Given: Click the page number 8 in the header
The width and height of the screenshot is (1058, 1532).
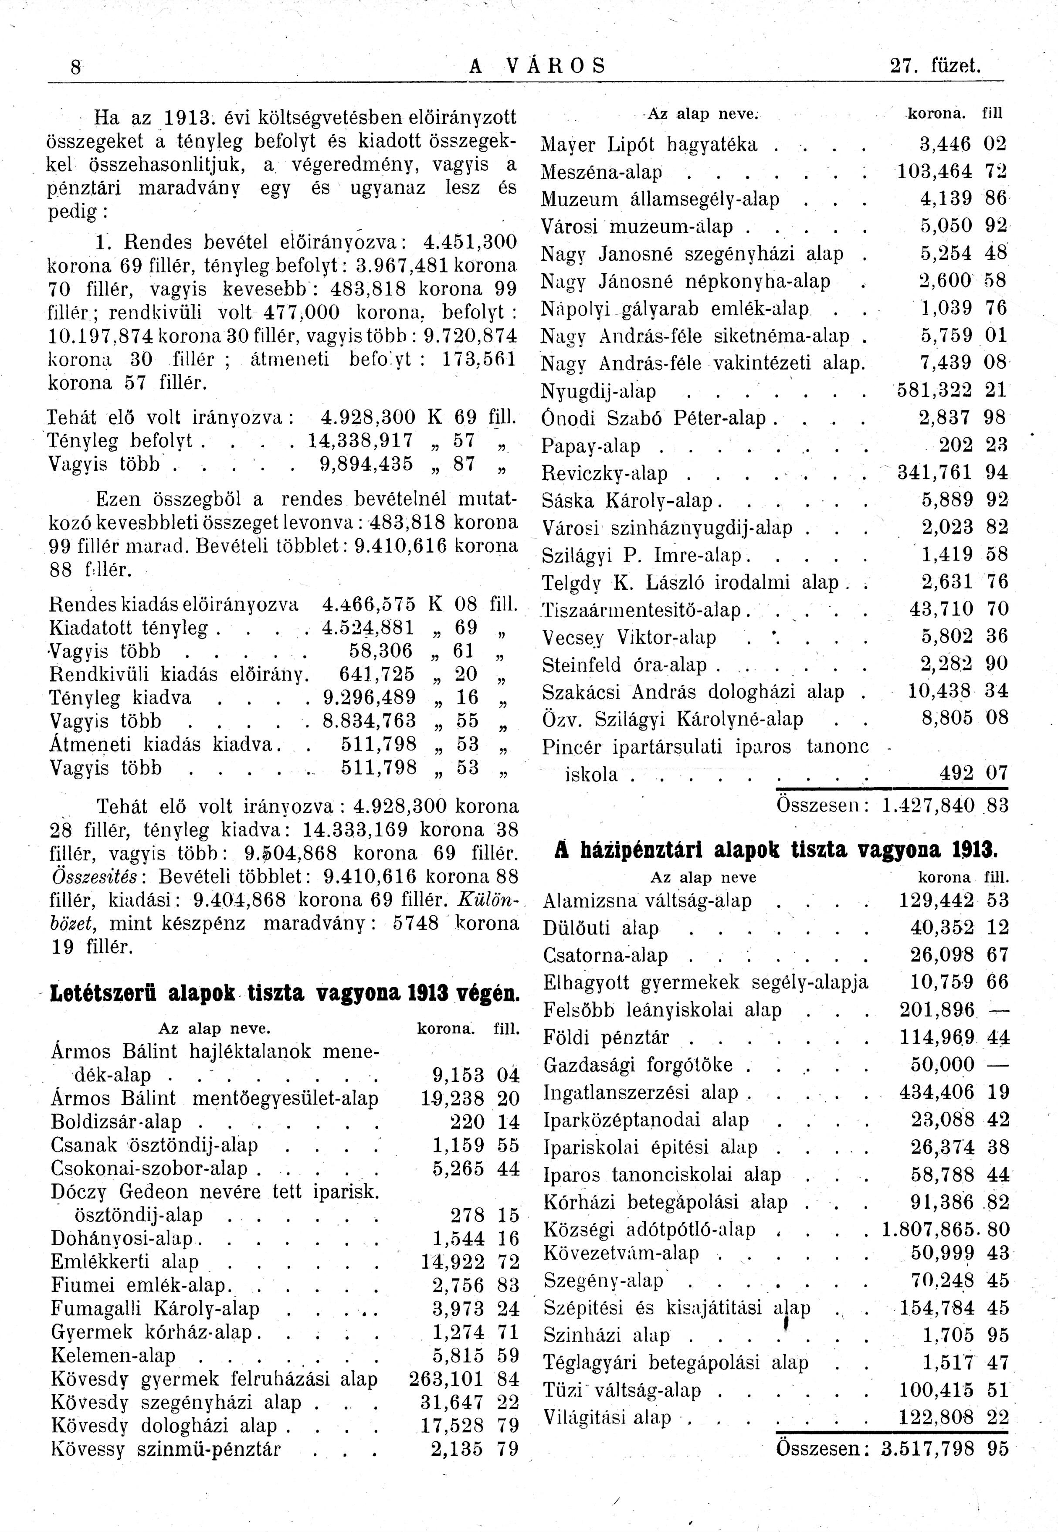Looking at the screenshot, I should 76,68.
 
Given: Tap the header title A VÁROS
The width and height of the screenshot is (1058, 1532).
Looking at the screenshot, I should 537,66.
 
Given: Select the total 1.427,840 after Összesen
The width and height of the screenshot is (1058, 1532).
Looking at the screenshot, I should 929,806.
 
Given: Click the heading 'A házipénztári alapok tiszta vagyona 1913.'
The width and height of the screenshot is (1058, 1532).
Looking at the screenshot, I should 776,850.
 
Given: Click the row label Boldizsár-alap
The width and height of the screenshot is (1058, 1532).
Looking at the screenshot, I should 116,1122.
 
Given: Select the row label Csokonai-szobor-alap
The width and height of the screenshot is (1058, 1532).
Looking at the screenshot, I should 149,1169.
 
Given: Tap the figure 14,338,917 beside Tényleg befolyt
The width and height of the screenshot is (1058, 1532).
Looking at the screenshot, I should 361,440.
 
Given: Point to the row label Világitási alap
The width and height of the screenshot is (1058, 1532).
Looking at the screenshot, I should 607,1418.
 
